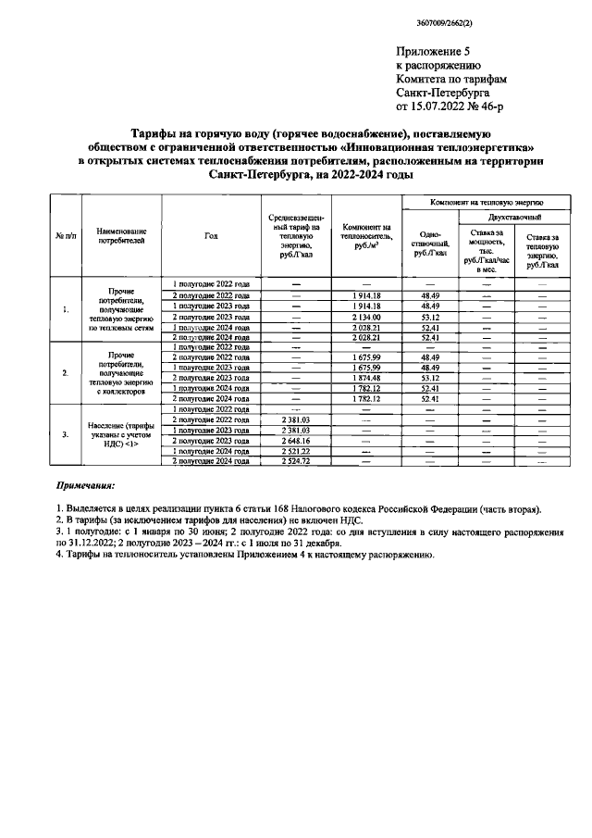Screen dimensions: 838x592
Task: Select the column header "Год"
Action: pos(211,236)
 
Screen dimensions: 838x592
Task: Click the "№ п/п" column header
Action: pos(66,236)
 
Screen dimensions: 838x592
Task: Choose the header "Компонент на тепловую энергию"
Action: pos(487,201)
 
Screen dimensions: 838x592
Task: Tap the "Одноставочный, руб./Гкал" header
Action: pos(430,242)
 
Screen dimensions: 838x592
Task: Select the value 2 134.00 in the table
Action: pos(366,317)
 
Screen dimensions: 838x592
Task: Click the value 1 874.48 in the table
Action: pos(366,378)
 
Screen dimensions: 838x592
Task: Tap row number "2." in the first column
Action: pos(66,372)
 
